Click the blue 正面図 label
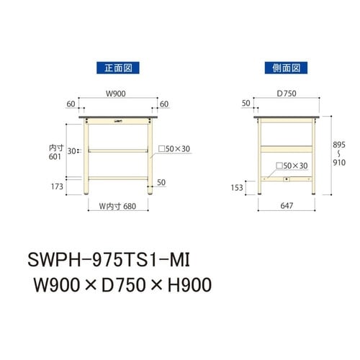(x=117, y=68)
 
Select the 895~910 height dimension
(x=338, y=153)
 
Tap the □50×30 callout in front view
(x=174, y=148)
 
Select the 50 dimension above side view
(x=247, y=104)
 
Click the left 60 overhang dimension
(x=71, y=104)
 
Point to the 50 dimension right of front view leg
(x=161, y=181)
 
